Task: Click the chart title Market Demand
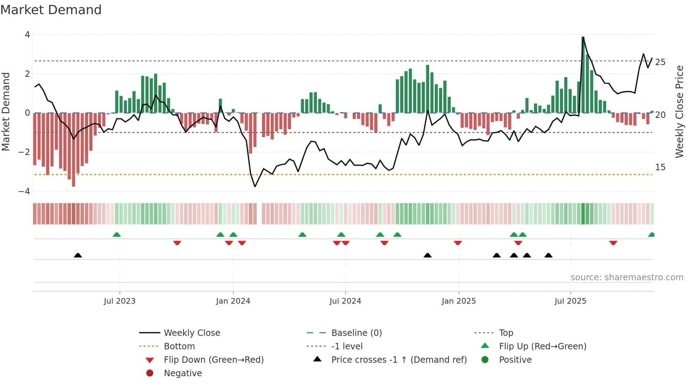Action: pos(51,10)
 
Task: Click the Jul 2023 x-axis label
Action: pos(120,301)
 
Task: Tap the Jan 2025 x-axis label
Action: pos(459,301)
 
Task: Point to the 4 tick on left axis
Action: pos(27,35)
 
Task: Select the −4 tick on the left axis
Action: pos(24,191)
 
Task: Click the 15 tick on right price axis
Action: pos(660,167)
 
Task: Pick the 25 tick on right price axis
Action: pos(660,62)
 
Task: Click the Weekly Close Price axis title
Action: pos(679,111)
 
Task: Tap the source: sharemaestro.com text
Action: pos(627,277)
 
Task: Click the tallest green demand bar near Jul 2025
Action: pos(583,75)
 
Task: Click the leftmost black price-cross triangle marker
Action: pos(78,255)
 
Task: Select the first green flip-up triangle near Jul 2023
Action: pos(116,235)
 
